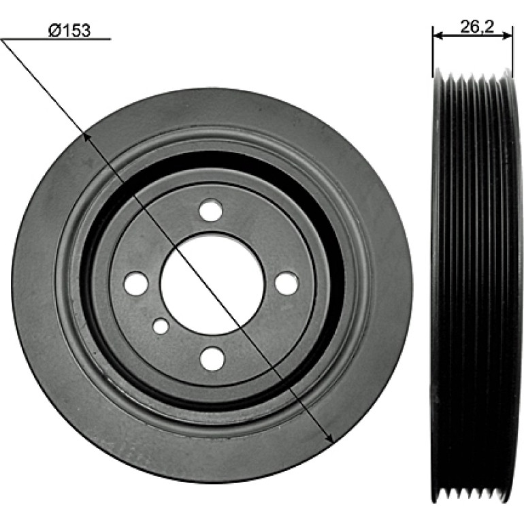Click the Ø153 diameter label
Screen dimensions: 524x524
(x=69, y=31)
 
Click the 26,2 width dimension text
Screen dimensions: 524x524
(x=477, y=27)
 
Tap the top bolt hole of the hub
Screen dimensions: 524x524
(x=211, y=210)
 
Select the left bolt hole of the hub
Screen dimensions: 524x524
(x=135, y=283)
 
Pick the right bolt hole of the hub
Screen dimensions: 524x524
(x=286, y=283)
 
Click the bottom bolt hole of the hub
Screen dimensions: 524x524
(x=212, y=359)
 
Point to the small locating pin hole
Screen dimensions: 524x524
(x=161, y=326)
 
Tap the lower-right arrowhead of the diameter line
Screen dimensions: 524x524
(x=330, y=438)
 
